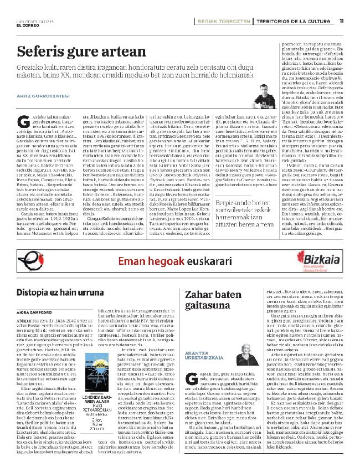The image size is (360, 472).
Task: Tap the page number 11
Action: [342, 22]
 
